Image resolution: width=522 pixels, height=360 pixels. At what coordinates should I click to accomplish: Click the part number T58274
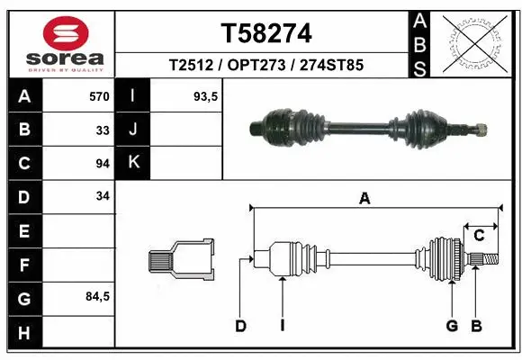(266, 34)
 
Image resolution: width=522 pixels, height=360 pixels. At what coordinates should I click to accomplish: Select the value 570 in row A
(99, 95)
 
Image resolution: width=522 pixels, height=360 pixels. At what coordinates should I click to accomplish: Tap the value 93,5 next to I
(206, 95)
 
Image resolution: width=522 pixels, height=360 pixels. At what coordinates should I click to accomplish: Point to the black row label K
(133, 163)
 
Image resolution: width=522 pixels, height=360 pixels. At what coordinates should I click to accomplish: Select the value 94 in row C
(102, 163)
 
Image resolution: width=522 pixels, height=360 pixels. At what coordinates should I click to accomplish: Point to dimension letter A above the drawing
(364, 199)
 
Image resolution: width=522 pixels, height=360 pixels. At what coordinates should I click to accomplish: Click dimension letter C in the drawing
(480, 236)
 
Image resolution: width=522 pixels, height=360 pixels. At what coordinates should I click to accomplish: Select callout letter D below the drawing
(240, 326)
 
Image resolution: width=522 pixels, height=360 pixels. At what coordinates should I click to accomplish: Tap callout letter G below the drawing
(453, 326)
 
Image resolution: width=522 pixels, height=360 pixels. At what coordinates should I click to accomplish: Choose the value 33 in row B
(103, 130)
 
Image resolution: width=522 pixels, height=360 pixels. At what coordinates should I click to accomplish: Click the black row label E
(24, 231)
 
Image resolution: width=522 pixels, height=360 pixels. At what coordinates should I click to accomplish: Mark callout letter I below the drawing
(283, 326)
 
